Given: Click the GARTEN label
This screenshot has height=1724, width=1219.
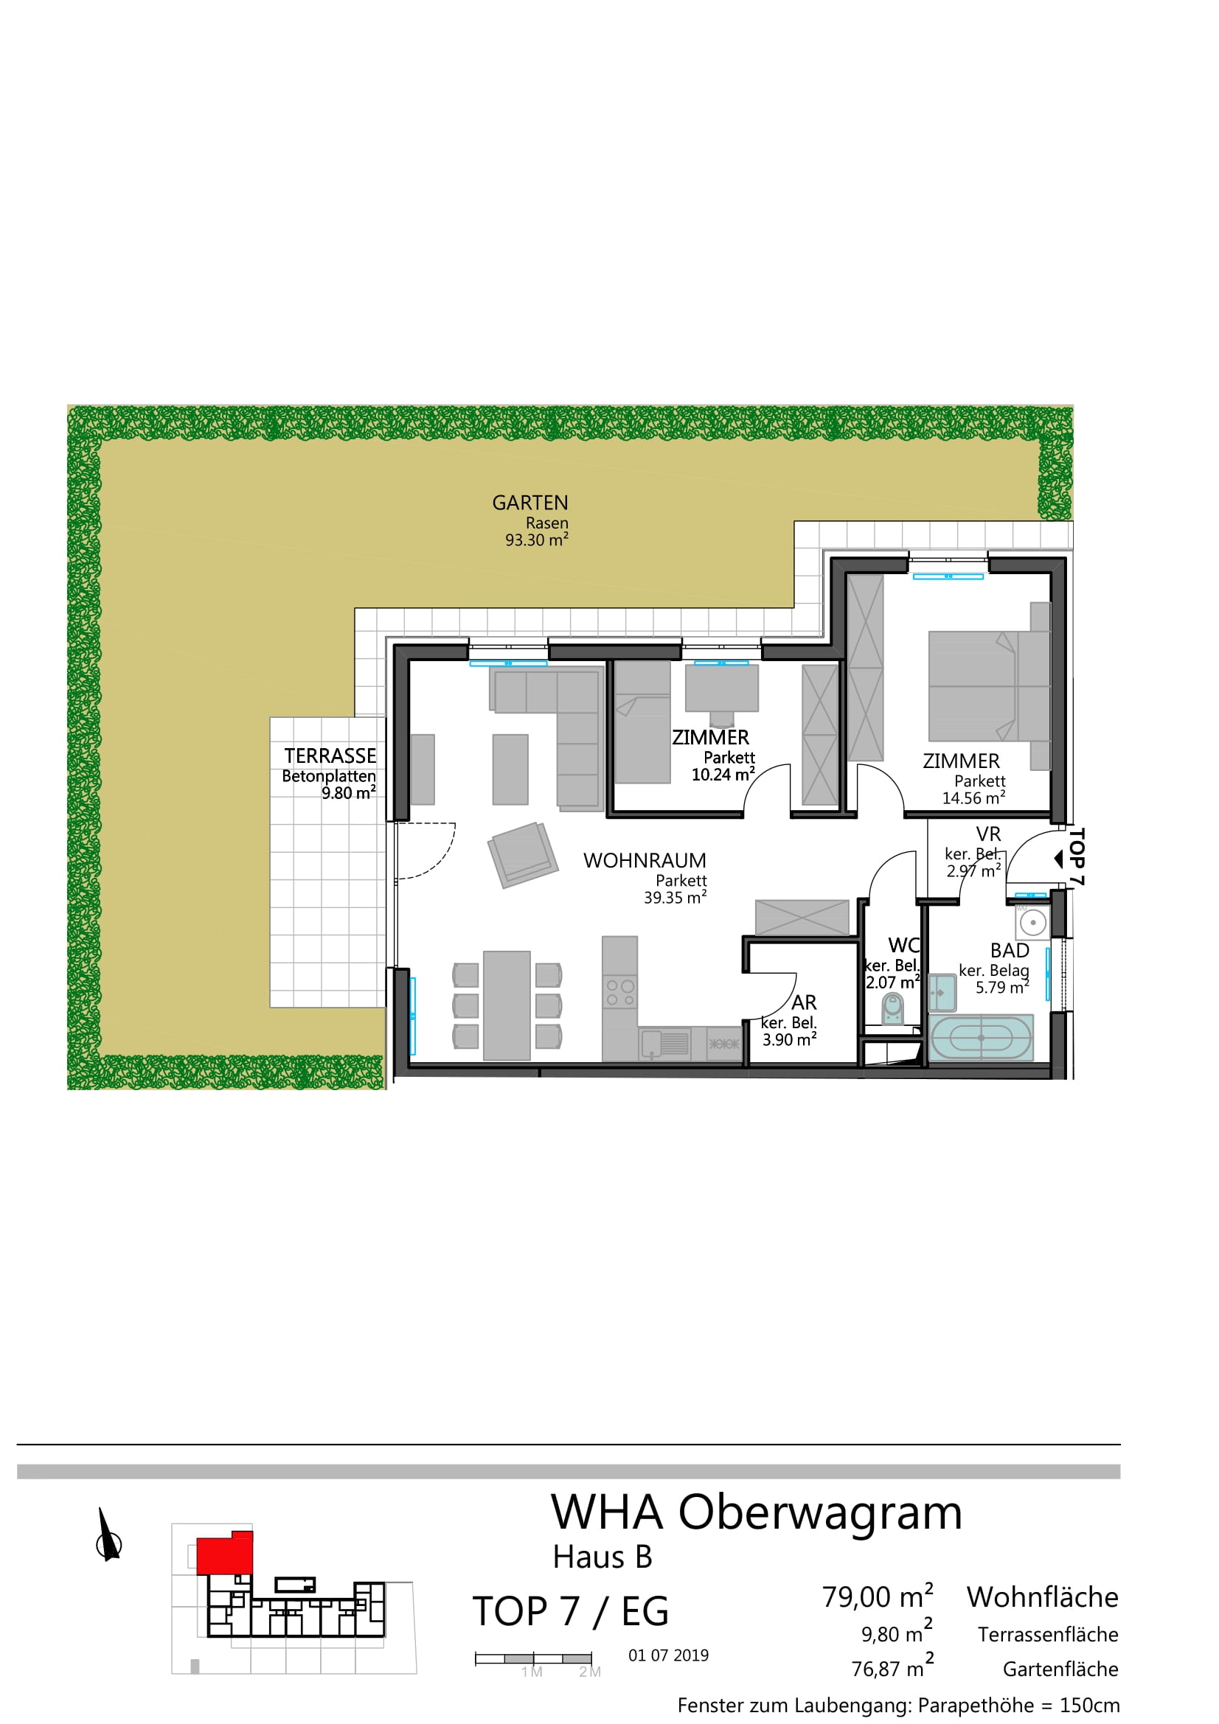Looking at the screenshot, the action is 529,503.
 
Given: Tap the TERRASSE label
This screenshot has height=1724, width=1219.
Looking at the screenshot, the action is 330,755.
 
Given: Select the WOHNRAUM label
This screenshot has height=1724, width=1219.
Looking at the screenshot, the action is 645,860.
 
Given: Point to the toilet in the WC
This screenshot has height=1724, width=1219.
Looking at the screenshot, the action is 892,1009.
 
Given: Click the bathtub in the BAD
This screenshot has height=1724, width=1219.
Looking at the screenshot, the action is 981,1038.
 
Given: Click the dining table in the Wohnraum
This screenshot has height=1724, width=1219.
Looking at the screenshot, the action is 507,1005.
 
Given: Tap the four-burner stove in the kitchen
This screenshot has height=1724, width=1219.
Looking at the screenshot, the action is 619,993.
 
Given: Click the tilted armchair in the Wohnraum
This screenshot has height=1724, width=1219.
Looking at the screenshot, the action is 523,855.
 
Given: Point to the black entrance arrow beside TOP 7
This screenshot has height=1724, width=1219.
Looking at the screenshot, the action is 1059,858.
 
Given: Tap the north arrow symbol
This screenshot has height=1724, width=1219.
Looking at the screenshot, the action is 108,1535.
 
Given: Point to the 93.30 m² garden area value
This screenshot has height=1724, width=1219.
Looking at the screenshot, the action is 536,540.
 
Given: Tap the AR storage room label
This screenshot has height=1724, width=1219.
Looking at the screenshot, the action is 804,1002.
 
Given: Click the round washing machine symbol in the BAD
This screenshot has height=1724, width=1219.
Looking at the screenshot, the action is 1032,922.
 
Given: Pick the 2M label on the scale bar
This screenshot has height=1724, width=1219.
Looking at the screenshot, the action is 590,1672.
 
